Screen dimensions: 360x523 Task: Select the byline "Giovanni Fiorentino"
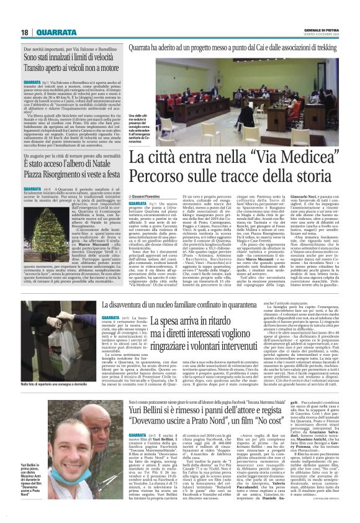click(146, 195)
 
